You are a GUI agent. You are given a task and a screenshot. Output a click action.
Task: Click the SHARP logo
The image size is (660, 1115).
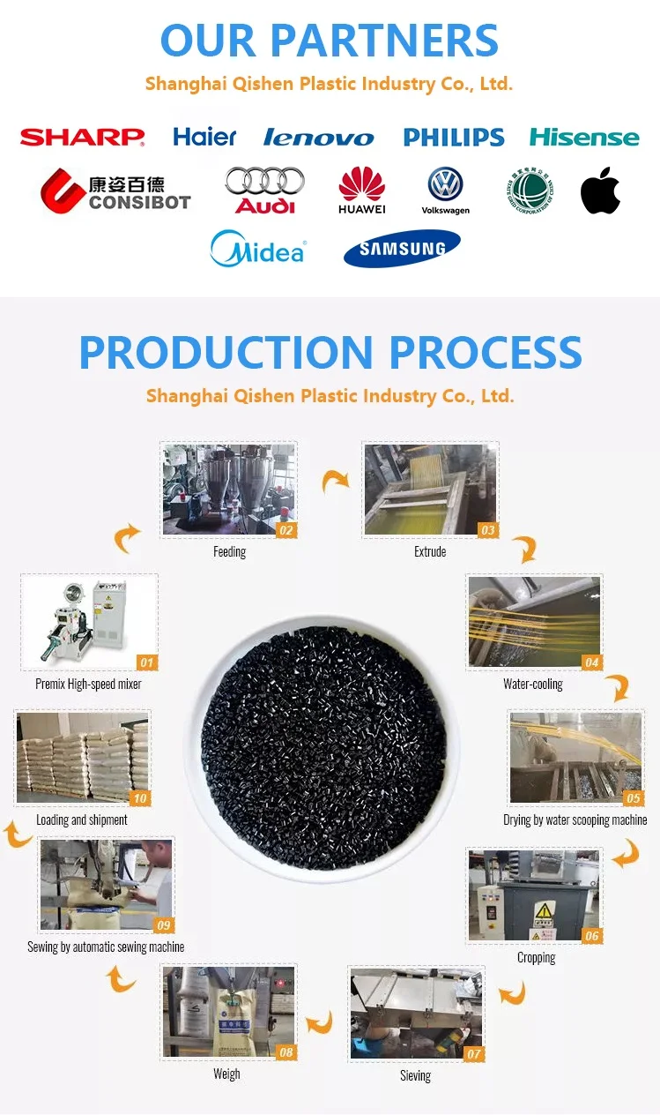click(82, 137)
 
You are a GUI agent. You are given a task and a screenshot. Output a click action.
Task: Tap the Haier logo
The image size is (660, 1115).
click(204, 137)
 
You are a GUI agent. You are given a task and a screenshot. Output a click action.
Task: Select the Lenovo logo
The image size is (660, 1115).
click(318, 138)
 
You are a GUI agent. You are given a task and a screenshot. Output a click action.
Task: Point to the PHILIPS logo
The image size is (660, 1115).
click(454, 137)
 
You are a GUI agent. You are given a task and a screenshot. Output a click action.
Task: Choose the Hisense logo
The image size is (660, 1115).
click(584, 138)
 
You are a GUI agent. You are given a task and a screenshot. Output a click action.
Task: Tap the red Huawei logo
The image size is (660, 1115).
click(362, 190)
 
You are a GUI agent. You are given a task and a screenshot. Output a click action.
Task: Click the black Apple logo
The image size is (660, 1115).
click(600, 191)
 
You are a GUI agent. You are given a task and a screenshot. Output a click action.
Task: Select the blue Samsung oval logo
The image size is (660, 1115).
click(402, 249)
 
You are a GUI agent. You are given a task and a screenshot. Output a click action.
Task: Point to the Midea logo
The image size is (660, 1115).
click(257, 249)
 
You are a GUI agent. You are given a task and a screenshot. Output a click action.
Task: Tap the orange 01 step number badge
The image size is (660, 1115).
click(146, 662)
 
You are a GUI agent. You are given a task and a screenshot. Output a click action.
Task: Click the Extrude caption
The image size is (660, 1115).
click(430, 551)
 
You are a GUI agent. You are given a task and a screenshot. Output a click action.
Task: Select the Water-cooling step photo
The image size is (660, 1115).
click(534, 622)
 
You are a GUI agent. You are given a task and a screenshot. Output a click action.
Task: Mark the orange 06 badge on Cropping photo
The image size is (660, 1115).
click(591, 936)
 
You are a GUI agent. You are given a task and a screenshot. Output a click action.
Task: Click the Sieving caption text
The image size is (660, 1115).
click(415, 1075)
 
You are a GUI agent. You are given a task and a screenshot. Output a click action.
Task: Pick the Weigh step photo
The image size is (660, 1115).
click(228, 1011)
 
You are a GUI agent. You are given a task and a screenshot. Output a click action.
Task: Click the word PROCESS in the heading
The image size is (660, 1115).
click(486, 352)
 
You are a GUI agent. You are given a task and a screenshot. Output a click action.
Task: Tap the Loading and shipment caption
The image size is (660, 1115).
click(82, 819)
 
